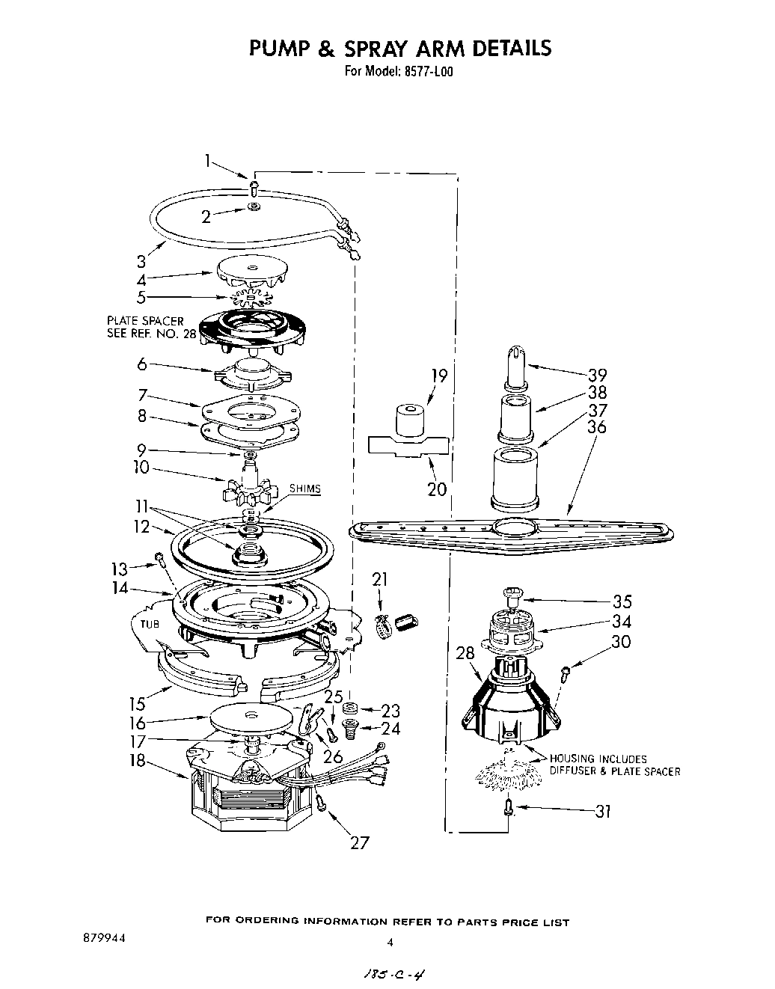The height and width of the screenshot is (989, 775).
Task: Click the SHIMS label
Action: pyautogui.click(x=304, y=489)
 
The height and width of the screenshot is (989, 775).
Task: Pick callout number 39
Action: pyautogui.click(x=597, y=376)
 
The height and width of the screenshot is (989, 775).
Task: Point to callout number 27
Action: pyautogui.click(x=360, y=842)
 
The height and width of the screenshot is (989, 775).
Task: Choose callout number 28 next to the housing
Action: pyautogui.click(x=465, y=653)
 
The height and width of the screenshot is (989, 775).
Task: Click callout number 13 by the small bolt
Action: pyautogui.click(x=118, y=569)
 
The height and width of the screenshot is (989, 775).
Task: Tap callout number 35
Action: pyautogui.click(x=621, y=601)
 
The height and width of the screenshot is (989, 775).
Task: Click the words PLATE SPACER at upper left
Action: pyautogui.click(x=145, y=320)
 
